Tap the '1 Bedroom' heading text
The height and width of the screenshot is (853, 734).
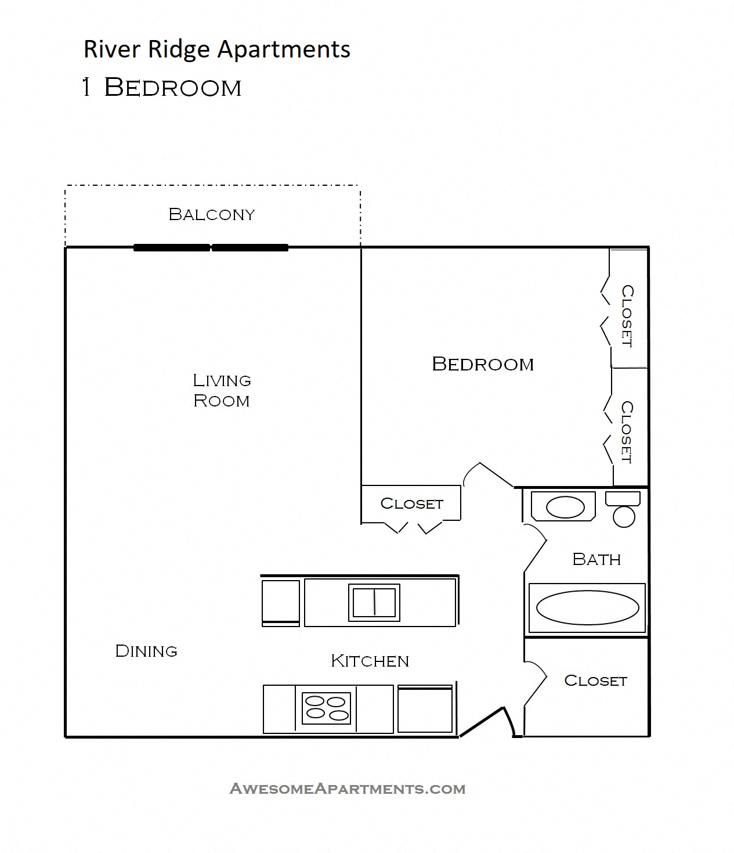pos(162,88)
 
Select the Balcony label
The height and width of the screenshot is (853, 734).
pos(211,214)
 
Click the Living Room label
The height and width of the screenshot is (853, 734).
pos(222,390)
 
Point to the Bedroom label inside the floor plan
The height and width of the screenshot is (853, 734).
pos(483,364)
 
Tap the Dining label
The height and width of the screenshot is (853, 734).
pos(146,651)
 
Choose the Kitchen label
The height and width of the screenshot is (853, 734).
pos(370,661)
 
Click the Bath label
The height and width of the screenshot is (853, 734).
pos(596,559)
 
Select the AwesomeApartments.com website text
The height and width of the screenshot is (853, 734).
pos(348,789)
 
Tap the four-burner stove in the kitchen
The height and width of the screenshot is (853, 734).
pos(327,708)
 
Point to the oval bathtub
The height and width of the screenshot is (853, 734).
pos(587,607)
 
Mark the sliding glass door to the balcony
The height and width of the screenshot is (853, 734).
pos(211,247)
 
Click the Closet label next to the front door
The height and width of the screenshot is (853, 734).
pos(595,681)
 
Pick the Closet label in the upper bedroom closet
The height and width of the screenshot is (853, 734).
pos(627,316)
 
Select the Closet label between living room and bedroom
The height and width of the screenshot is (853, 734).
pos(411,503)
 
